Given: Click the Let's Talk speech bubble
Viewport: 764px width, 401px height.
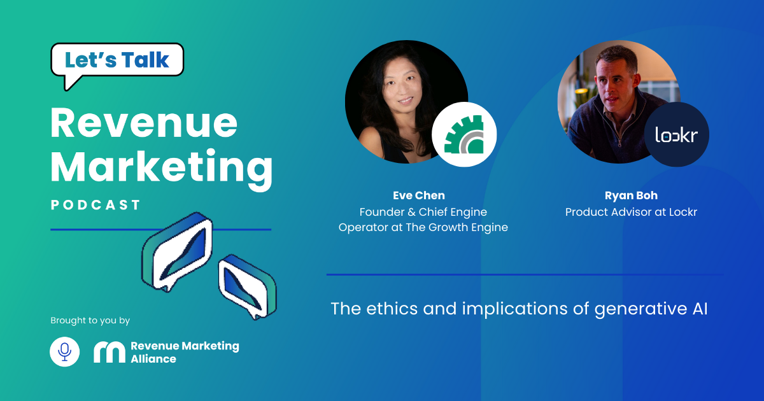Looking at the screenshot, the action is pyautogui.click(x=117, y=60).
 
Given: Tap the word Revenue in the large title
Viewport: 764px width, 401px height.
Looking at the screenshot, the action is pyautogui.click(x=144, y=123).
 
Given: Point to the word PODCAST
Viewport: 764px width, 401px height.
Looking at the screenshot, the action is pyautogui.click(x=95, y=205).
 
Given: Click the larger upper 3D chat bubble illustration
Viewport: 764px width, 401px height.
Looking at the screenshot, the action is pyautogui.click(x=178, y=251).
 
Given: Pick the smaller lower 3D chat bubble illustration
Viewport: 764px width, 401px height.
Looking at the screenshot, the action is pyautogui.click(x=248, y=287).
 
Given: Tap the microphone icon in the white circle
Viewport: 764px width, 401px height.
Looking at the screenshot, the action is pyautogui.click(x=64, y=351).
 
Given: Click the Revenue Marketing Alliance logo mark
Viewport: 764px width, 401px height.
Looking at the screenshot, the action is pyautogui.click(x=110, y=352).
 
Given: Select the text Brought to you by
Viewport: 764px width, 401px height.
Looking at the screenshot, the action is pyautogui.click(x=90, y=321).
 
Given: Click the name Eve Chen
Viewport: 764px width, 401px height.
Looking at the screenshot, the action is pyautogui.click(x=419, y=195).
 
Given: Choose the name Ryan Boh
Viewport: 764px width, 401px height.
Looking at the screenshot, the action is pyautogui.click(x=631, y=195).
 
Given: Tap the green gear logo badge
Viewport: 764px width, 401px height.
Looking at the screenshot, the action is pyautogui.click(x=464, y=134).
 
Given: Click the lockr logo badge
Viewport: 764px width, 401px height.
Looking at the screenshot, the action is pyautogui.click(x=677, y=134).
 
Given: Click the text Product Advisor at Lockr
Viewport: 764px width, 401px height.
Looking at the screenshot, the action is pyautogui.click(x=631, y=212).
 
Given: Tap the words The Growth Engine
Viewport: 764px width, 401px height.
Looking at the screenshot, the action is pyautogui.click(x=456, y=227).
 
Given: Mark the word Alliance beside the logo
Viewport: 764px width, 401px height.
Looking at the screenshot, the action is pyautogui.click(x=153, y=359).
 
